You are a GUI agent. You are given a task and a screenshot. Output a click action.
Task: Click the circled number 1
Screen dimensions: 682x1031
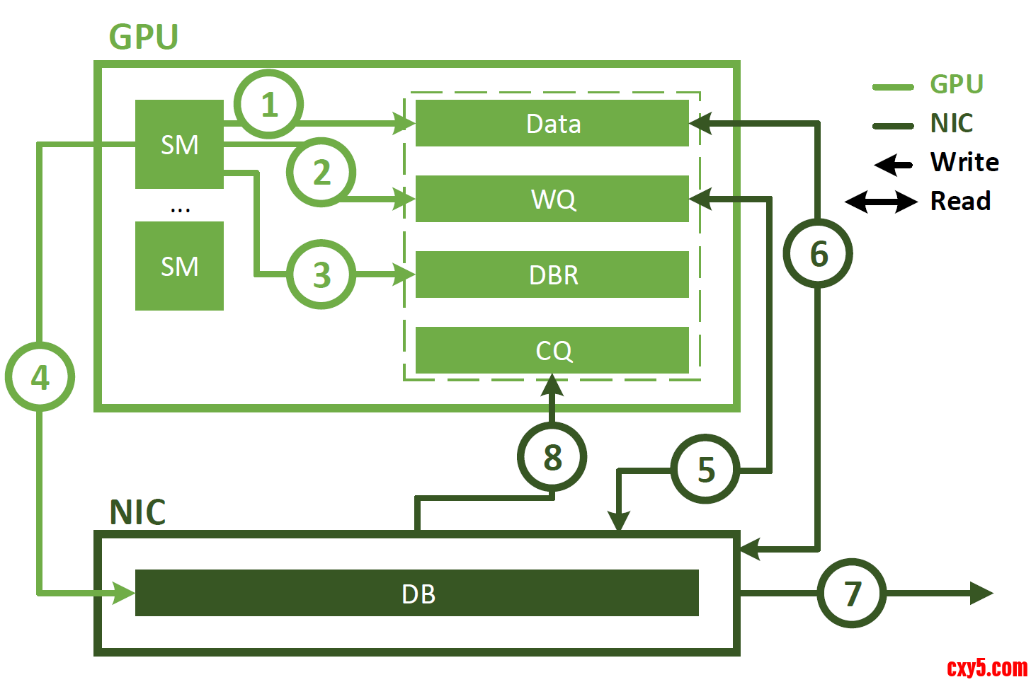268,105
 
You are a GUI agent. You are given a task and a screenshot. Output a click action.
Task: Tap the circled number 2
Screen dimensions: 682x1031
321,172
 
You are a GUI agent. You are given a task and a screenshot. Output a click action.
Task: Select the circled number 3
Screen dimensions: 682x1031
321,274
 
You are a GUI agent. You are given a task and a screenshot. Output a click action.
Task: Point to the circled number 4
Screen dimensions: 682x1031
40,377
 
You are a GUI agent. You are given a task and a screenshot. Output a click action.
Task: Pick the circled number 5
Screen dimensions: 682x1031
705,469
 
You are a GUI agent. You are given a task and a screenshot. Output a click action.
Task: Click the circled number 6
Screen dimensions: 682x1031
818,253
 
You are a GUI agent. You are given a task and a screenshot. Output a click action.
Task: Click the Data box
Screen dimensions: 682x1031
552,124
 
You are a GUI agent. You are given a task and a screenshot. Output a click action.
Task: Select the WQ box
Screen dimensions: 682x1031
552,199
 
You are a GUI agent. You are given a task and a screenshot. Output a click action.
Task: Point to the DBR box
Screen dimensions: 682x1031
552,274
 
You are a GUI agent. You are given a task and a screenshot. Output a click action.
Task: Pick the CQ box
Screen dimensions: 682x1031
552,350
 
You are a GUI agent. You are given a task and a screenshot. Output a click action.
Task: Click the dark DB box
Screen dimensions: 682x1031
417,593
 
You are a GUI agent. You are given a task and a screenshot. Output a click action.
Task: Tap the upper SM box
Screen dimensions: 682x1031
179,144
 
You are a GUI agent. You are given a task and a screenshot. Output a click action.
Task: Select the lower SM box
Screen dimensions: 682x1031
179,266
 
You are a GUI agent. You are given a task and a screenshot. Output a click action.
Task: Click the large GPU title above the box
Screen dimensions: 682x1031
144,37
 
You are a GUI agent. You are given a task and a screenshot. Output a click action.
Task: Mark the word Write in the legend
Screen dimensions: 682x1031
964,162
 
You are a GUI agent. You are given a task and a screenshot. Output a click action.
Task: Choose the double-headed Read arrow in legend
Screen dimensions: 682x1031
881,202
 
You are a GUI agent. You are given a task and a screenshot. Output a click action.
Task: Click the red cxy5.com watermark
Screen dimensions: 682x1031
986,667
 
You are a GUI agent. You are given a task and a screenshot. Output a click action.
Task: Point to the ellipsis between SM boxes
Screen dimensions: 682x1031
180,209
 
